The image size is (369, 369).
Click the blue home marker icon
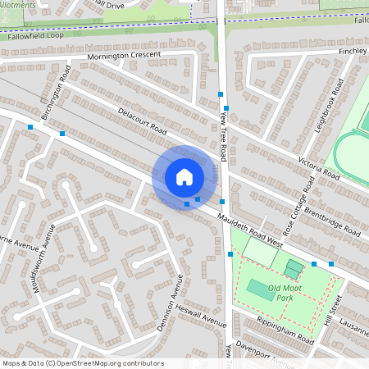point(184,176)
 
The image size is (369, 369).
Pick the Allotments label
point(18,5)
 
